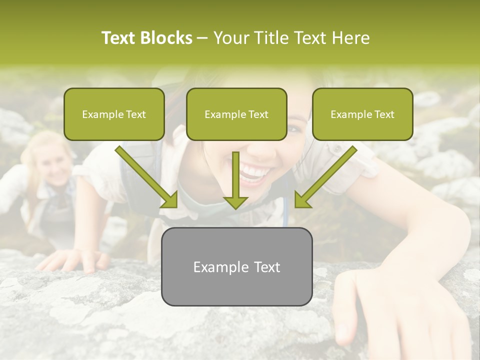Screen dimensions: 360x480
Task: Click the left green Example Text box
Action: coord(114,114)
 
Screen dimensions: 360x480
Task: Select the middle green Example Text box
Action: coord(236,114)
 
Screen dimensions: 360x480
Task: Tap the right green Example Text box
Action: coord(362,114)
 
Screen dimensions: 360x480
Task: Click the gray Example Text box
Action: coord(236,266)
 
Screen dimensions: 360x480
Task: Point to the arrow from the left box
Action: coord(147,177)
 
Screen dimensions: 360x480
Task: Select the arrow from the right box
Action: coord(325,177)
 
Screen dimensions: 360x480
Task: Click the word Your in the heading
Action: coord(231,38)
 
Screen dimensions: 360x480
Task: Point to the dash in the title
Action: coord(203,38)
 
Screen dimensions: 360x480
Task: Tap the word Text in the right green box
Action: coord(384,114)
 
